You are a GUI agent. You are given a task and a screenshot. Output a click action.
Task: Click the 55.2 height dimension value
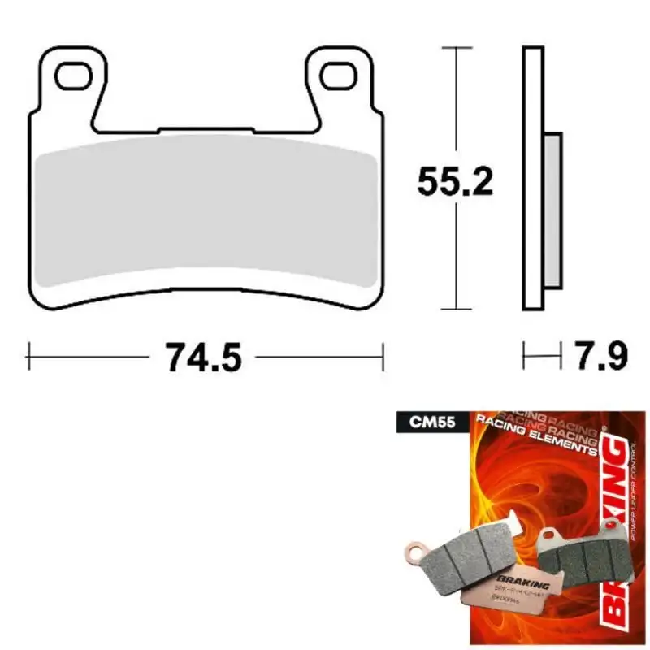click(x=455, y=180)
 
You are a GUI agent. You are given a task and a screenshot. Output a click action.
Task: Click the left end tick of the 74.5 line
click(x=29, y=355)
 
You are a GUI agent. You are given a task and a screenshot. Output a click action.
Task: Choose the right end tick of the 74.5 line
click(x=382, y=355)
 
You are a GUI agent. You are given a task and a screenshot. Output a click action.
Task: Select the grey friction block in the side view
click(x=552, y=209)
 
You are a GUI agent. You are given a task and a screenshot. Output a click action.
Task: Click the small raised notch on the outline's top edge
click(x=206, y=128)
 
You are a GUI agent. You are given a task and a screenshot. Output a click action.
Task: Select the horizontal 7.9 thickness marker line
click(x=542, y=355)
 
